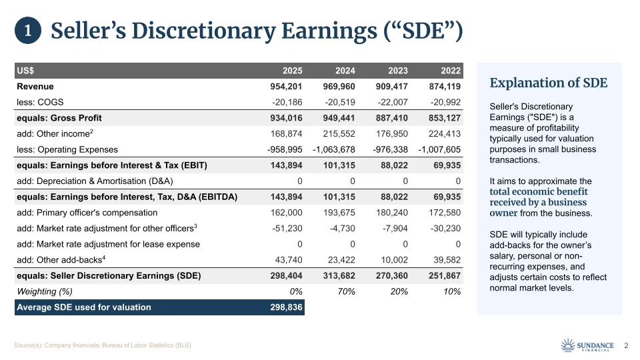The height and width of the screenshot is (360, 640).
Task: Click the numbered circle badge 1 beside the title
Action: pos(28,31)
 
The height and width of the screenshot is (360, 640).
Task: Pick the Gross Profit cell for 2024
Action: pos(338,118)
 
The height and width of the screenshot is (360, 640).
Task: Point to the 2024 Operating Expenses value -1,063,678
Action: pos(333,149)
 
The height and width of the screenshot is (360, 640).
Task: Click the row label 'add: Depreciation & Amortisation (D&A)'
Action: pos(95,181)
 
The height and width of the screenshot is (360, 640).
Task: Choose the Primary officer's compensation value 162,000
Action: pos(286,213)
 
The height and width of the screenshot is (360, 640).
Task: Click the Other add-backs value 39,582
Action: pos(445,260)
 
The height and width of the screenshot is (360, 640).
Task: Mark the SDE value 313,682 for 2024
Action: pos(338,276)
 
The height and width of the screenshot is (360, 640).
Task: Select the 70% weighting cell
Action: pos(345,291)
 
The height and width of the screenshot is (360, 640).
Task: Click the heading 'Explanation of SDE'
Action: pos(548,83)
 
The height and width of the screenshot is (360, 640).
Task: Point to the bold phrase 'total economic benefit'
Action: pos(538,192)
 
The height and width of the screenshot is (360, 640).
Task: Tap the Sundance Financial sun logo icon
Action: pos(568,345)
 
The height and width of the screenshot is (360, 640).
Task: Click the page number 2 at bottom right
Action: pos(626,345)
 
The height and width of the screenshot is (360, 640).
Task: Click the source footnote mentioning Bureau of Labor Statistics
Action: pos(103,345)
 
